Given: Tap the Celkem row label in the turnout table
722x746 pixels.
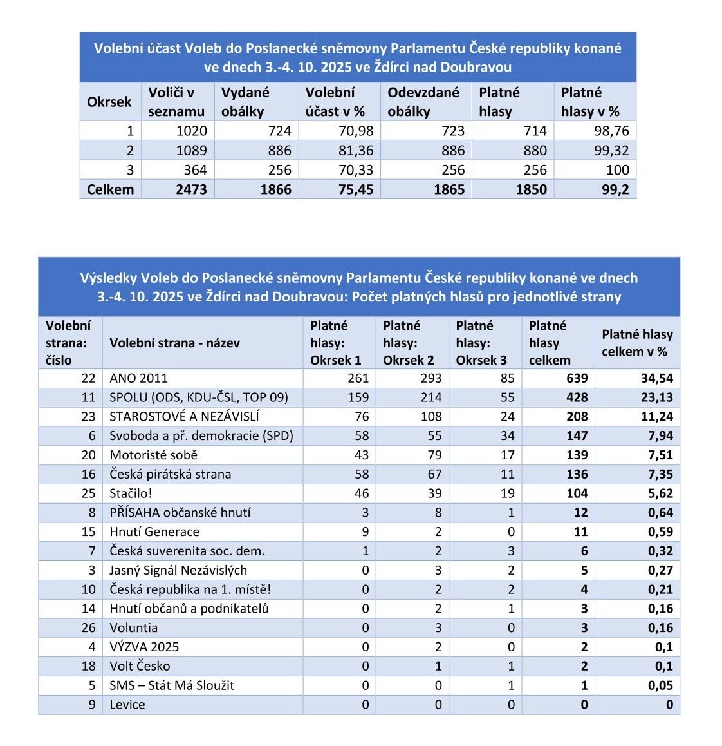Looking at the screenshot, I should tap(110, 189).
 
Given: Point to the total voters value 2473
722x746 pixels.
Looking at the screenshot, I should tap(191, 189).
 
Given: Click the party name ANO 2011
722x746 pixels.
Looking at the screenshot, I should tap(138, 378).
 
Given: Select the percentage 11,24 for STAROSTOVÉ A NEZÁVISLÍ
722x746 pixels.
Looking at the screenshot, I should tap(656, 417).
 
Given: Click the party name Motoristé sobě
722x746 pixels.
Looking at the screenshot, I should tap(153, 455).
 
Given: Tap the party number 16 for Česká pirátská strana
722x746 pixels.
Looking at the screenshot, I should tap(88, 474).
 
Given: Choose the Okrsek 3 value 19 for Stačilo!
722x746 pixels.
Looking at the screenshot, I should tap(507, 493).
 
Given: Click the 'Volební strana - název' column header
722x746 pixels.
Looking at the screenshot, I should tap(174, 343).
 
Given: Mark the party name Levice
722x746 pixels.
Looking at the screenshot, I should tap(127, 705).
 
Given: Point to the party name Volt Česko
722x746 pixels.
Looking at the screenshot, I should tap(140, 666).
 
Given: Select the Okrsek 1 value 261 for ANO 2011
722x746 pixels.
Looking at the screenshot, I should tap(358, 378).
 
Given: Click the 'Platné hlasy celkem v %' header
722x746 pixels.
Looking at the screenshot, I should tap(636, 343).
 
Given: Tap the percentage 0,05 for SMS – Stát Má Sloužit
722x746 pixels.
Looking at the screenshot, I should tap(660, 685).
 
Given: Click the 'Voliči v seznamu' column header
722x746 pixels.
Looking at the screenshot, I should tap(176, 102).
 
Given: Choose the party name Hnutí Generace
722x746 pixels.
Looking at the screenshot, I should tap(154, 532).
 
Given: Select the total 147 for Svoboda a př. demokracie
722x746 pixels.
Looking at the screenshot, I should tap(577, 436).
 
